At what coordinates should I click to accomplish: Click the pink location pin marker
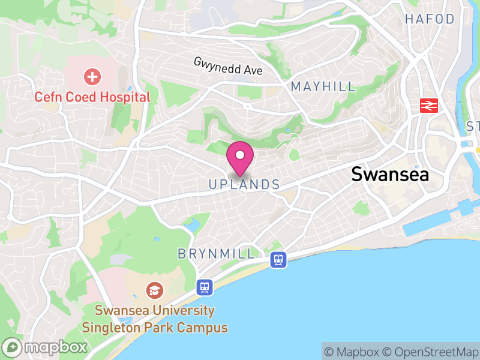point(240,157)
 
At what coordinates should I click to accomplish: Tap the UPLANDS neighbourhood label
point(244,185)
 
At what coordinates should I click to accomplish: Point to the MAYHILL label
point(323,87)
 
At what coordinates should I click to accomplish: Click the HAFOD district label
point(430,19)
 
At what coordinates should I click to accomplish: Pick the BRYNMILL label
point(216,254)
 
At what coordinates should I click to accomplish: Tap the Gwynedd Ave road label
point(228,66)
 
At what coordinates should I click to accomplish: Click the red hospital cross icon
point(92,77)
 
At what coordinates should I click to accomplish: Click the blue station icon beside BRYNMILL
point(278,259)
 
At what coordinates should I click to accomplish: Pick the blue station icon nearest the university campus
point(205,287)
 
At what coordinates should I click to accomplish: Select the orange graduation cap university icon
point(155,292)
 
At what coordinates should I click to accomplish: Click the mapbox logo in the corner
point(46,347)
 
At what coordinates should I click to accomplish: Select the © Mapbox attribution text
point(352,352)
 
